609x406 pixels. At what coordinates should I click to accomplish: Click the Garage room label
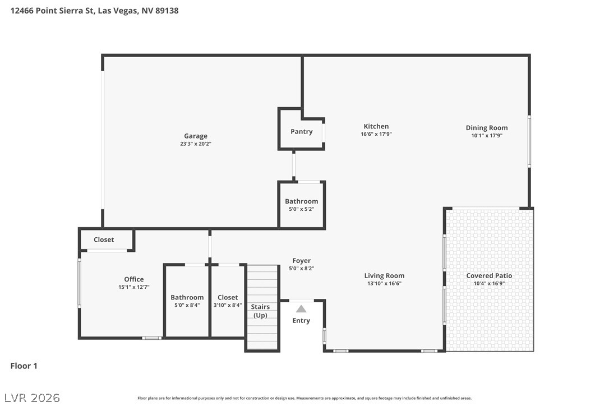coord(196,136)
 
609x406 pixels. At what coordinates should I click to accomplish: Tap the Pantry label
coord(301,132)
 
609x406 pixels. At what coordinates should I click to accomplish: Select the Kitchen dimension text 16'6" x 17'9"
coord(376,134)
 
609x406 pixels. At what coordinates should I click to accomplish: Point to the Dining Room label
coord(487,128)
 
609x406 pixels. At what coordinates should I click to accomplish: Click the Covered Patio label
coord(489,275)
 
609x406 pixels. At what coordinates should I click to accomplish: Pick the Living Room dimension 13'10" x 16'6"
coord(384,284)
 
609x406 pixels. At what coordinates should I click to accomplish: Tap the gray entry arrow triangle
coord(301,309)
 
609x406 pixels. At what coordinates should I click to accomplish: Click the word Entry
coord(301,321)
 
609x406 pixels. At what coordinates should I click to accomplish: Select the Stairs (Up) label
coord(260,311)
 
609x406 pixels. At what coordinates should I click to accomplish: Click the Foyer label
coord(301,261)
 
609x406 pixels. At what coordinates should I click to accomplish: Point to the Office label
coord(134,279)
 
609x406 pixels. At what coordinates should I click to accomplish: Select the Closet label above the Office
coord(104,239)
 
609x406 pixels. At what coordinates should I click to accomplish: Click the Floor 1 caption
coord(24,366)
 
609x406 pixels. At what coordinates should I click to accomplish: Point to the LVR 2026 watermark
coord(32,398)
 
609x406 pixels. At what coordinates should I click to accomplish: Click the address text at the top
coord(94,11)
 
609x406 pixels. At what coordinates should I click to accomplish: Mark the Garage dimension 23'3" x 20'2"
coord(196,144)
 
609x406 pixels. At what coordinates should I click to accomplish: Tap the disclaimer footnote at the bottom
coord(304,398)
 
